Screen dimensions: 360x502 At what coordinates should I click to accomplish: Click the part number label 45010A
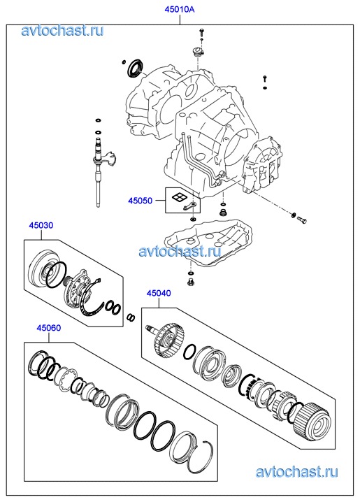pyautogui.click(x=180, y=10)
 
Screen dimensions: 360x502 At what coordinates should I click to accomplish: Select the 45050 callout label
pyautogui.click(x=141, y=201)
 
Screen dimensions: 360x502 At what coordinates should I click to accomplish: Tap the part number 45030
pyautogui.click(x=41, y=225)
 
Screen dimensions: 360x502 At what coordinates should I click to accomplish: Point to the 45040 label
pyautogui.click(x=159, y=293)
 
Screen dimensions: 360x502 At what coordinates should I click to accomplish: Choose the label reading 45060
pyautogui.click(x=49, y=328)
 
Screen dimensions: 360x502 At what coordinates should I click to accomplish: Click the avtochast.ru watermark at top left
pyautogui.click(x=62, y=31)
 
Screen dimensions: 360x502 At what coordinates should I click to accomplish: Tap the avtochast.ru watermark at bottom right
pyautogui.click(x=296, y=472)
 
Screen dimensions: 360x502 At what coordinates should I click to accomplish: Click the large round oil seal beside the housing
pyautogui.click(x=136, y=68)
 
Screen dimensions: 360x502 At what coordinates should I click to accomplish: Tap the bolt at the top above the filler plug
pyautogui.click(x=201, y=32)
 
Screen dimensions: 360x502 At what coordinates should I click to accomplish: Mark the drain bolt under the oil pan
pyautogui.click(x=191, y=282)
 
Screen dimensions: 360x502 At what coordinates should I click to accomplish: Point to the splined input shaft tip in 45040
pyautogui.click(x=150, y=328)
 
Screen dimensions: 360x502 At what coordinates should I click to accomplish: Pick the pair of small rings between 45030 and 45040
pyautogui.click(x=131, y=317)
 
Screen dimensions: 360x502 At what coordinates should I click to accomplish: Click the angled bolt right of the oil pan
pyautogui.click(x=301, y=220)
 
